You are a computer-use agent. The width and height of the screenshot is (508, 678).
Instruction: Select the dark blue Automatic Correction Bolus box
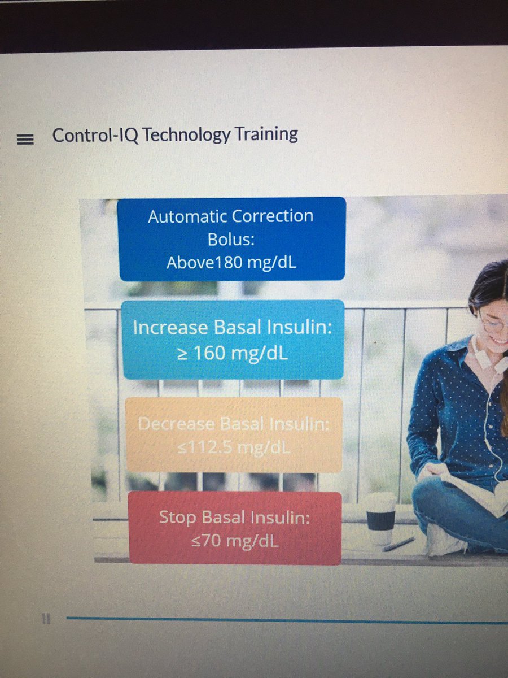point(231,238)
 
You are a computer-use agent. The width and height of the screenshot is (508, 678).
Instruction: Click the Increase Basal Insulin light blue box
point(233,339)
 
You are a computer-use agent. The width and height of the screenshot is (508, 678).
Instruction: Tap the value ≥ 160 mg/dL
point(231,353)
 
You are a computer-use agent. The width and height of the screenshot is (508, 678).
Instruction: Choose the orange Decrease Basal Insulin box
point(233,434)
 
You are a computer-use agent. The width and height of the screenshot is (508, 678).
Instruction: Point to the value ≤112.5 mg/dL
point(233,448)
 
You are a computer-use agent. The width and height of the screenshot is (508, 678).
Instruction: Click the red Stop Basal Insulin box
point(235,528)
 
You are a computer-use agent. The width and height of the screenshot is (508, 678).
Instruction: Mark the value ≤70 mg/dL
point(234,541)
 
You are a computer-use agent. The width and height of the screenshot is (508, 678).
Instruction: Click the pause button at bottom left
point(46,620)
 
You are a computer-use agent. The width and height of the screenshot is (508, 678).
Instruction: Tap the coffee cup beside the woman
point(380,518)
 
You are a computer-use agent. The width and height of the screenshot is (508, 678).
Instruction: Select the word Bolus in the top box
point(231,239)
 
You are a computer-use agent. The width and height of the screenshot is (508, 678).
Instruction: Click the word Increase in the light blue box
point(164,328)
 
